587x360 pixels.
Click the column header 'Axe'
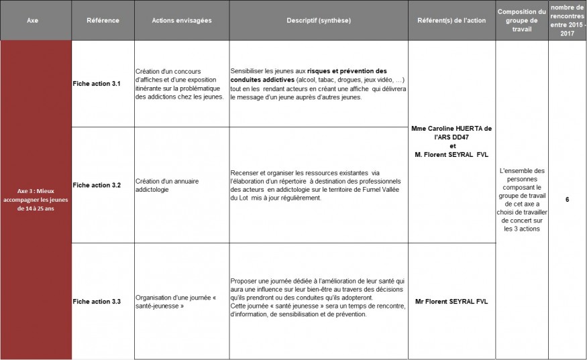[x=32, y=20]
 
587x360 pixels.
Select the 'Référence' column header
[x=103, y=20]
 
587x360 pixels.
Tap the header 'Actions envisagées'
[x=181, y=20]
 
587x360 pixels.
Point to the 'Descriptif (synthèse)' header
[x=319, y=20]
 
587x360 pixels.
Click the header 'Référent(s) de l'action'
[x=451, y=20]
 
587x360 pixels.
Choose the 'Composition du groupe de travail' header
[x=521, y=20]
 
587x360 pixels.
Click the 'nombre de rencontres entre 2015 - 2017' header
[x=568, y=20]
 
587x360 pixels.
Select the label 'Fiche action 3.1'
[x=97, y=84]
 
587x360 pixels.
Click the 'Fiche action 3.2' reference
[x=97, y=185]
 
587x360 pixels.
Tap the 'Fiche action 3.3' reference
[x=97, y=302]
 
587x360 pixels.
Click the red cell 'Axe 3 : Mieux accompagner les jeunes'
[x=36, y=199]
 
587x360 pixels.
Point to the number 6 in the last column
[x=568, y=199]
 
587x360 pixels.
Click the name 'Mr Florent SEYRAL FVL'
[x=451, y=302]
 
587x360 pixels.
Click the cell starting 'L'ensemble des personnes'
[x=521, y=199]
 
